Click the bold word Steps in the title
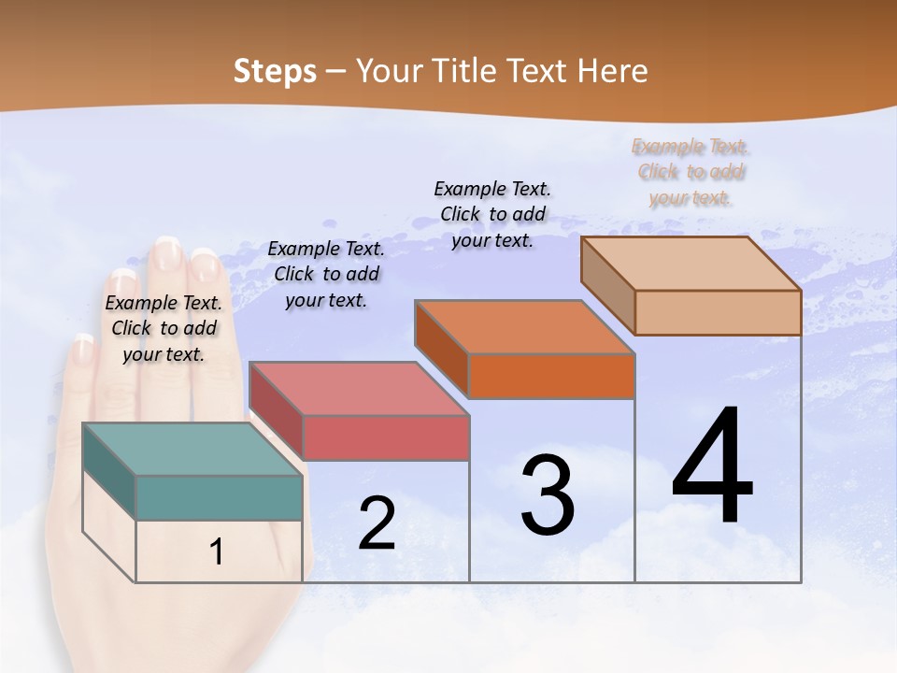pyautogui.click(x=275, y=71)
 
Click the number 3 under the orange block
pyautogui.click(x=548, y=495)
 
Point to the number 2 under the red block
pyautogui.click(x=377, y=523)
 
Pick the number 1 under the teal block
pyautogui.click(x=217, y=551)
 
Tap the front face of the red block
pyautogui.click(x=386, y=437)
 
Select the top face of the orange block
pyautogui.click(x=523, y=326)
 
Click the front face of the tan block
pyautogui.click(x=718, y=312)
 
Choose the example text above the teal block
pyautogui.click(x=164, y=328)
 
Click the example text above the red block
pyautogui.click(x=326, y=274)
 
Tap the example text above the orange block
pyautogui.click(x=492, y=214)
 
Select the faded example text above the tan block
pyautogui.click(x=691, y=172)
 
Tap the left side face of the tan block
pyautogui.click(x=607, y=284)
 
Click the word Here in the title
pyautogui.click(x=613, y=71)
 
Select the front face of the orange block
pyautogui.click(x=551, y=377)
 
